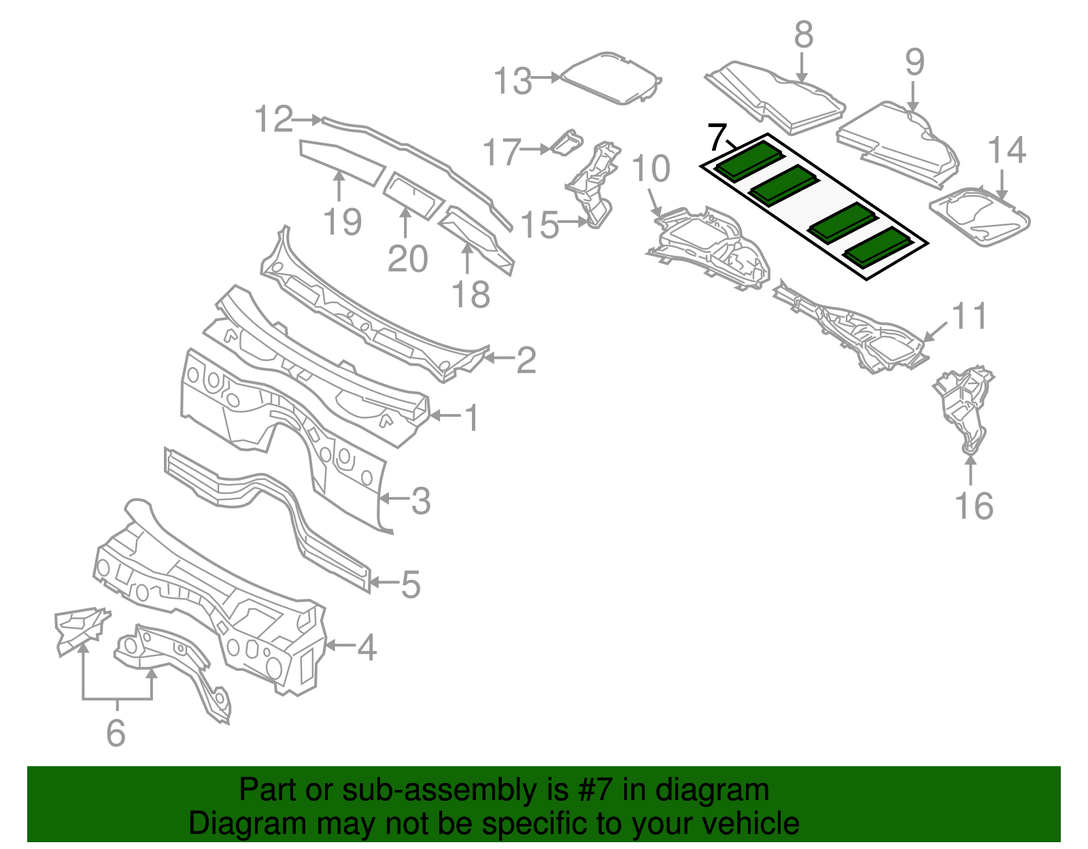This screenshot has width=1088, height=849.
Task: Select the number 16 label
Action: pyautogui.click(x=974, y=506)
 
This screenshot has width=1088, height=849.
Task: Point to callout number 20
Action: pyautogui.click(x=407, y=259)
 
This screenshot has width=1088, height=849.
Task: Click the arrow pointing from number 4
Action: pyautogui.click(x=341, y=645)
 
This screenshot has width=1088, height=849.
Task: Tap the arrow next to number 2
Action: pyautogui.click(x=499, y=358)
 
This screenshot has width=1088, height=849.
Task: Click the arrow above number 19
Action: pyautogui.click(x=339, y=186)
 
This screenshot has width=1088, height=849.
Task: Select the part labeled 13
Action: pyautogui.click(x=611, y=79)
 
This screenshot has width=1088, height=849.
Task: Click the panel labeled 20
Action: pyautogui.click(x=414, y=196)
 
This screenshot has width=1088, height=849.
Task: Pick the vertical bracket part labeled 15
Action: pyautogui.click(x=594, y=184)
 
